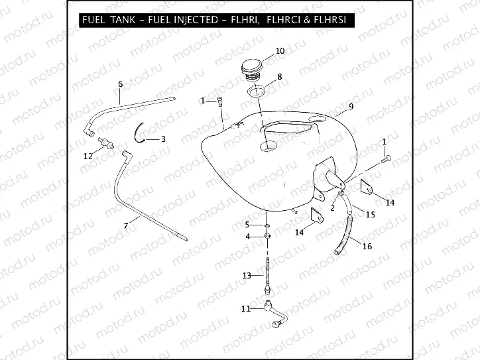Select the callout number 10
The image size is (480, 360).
click(280, 51)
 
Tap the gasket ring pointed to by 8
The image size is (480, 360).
click(259, 90)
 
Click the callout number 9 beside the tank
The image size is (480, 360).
click(351, 106)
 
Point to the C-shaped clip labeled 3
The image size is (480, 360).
click(141, 133)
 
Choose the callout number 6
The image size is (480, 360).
click(120, 84)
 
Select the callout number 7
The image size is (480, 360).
click(126, 226)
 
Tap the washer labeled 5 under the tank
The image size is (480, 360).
click(266, 225)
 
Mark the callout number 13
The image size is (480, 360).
click(246, 275)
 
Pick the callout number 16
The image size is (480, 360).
click(367, 246)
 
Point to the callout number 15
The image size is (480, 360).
click(370, 214)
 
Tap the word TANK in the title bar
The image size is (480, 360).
click(126, 21)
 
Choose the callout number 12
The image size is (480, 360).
click(88, 156)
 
